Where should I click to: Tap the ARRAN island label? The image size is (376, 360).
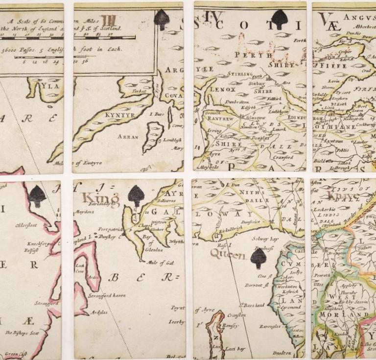pyautogui.click(x=128, y=137)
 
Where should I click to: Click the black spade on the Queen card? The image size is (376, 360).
pyautogui.click(x=258, y=258)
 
